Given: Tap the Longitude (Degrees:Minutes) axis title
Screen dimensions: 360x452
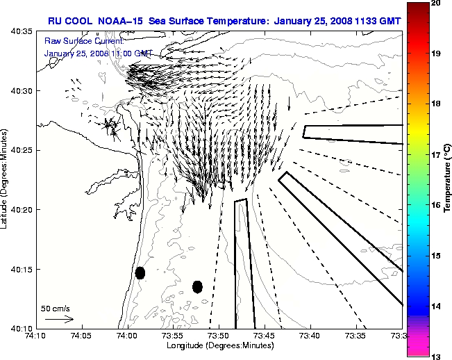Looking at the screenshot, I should pyautogui.click(x=218, y=345).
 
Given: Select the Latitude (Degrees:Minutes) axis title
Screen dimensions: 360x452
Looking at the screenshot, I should pyautogui.click(x=6, y=179).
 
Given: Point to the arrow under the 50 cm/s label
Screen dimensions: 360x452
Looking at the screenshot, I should pyautogui.click(x=59, y=319).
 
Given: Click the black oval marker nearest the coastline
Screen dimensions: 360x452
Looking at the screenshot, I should pyautogui.click(x=140, y=272).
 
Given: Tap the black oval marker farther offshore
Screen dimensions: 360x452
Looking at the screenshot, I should pyautogui.click(x=197, y=286).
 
